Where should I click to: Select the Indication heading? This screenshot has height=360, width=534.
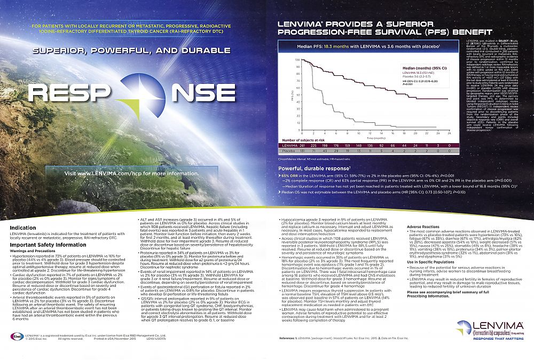click(x=23, y=228)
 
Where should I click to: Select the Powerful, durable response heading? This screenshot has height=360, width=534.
click(x=310, y=169)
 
